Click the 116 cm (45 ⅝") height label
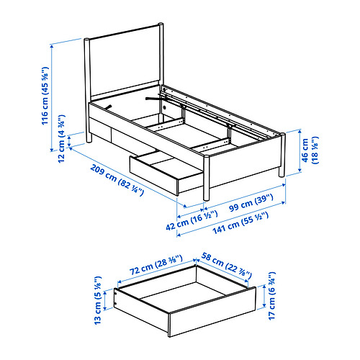tap(45, 96)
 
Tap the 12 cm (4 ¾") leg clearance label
tap(62, 139)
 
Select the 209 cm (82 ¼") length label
tap(117, 180)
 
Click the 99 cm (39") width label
tap(251, 203)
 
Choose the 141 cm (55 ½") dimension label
tap(240, 223)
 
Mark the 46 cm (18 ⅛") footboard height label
tap(310, 150)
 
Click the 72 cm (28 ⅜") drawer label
tap(156, 265)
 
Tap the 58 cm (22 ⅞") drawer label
tap(226, 266)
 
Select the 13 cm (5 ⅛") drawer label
tap(98, 300)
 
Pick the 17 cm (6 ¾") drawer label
tap(271, 296)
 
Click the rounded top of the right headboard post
tap(161, 24)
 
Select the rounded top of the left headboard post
tap(87, 40)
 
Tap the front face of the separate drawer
tap(212, 312)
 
